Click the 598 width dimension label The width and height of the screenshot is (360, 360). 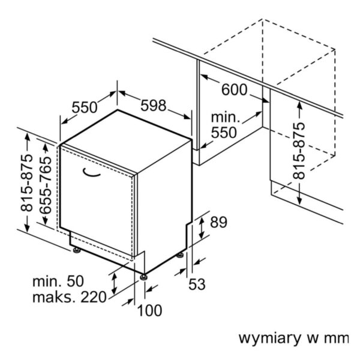tap(153, 106)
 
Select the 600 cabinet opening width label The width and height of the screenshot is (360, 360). tap(234, 90)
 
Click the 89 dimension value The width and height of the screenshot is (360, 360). tap(218, 223)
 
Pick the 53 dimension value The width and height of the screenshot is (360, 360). tap(197, 283)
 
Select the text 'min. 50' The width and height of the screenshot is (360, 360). tap(58, 281)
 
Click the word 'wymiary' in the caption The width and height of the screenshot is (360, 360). tap(266, 338)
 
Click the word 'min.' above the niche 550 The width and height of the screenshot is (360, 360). tap(225, 118)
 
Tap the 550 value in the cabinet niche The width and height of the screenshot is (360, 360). tap(224, 133)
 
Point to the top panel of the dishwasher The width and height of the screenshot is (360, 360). tap(126, 141)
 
